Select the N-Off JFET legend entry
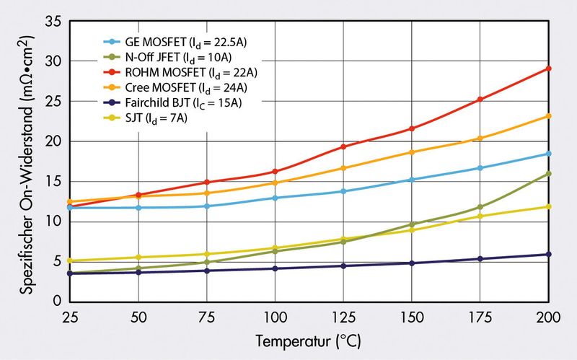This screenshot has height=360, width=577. coord(177,56)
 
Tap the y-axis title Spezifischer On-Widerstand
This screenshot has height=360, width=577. coord(25,162)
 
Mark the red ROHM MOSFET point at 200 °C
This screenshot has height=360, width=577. coord(548,69)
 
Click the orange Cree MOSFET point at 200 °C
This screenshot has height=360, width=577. coord(548,116)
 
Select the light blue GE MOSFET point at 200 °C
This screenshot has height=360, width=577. coord(548,154)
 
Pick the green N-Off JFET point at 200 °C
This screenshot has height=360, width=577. coord(548,174)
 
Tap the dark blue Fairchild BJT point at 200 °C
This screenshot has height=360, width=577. coord(548,254)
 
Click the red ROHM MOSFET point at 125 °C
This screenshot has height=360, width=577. coord(343,146)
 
